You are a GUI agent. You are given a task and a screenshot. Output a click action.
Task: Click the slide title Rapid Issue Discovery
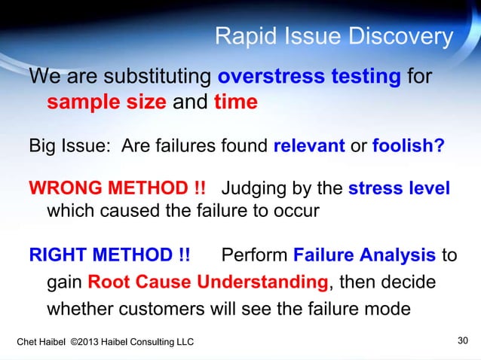pyautogui.click(x=334, y=36)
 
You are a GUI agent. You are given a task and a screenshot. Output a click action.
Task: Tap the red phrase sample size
pyautogui.click(x=106, y=102)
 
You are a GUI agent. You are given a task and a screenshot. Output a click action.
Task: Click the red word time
pyautogui.click(x=236, y=102)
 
